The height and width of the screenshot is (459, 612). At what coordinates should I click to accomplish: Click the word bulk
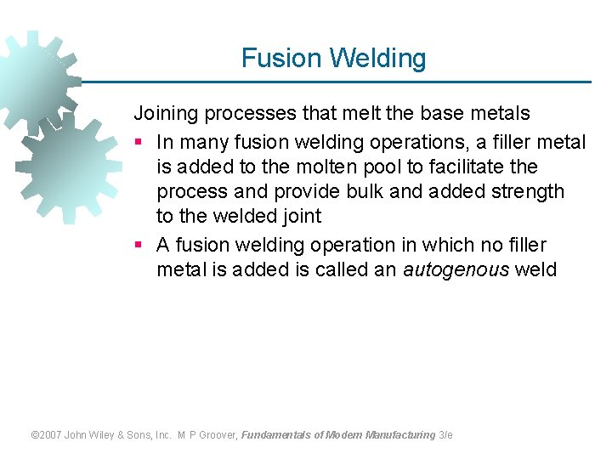383,191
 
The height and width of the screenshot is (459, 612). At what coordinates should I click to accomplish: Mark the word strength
528,191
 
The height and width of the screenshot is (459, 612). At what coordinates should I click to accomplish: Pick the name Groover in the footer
218,435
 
